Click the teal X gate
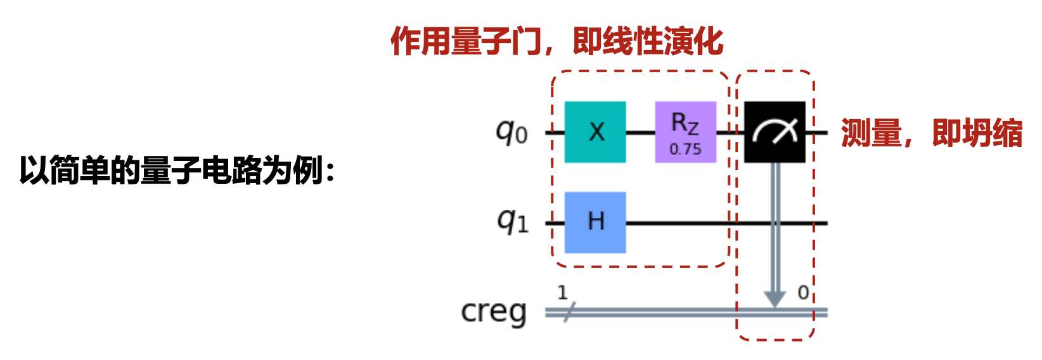pyautogui.click(x=595, y=132)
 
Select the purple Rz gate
pyautogui.click(x=685, y=132)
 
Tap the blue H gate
pyautogui.click(x=595, y=222)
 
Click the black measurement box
pyautogui.click(x=775, y=132)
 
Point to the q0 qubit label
pyautogui.click(x=511, y=132)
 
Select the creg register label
pyautogui.click(x=494, y=312)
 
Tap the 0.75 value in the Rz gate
pyautogui.click(x=685, y=150)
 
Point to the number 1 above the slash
pyautogui.click(x=562, y=292)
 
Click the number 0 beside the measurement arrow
pyautogui.click(x=803, y=293)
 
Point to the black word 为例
pyautogui.click(x=292, y=170)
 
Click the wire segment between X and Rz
pyautogui.click(x=640, y=132)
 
